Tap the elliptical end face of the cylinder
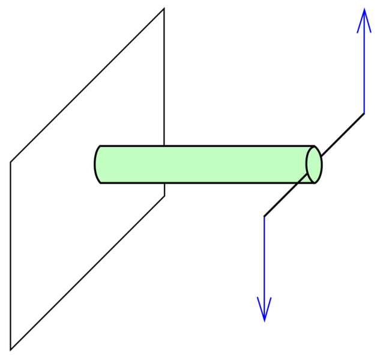[x=313, y=164]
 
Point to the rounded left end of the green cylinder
[x=98, y=164]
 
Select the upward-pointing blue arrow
[x=364, y=60]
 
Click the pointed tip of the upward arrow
[x=364, y=8]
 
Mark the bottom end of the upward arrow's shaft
[x=364, y=113]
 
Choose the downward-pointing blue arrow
[x=264, y=270]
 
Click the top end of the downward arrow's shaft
[x=264, y=218]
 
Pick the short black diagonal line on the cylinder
[x=304, y=178]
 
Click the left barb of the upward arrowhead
[x=358, y=32]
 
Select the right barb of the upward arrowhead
[x=371, y=32]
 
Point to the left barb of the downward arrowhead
[x=258, y=297]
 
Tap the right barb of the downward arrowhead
[x=271, y=297]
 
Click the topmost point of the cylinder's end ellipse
[x=313, y=148]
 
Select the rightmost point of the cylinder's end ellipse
[x=321, y=164]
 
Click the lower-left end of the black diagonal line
[x=299, y=182]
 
